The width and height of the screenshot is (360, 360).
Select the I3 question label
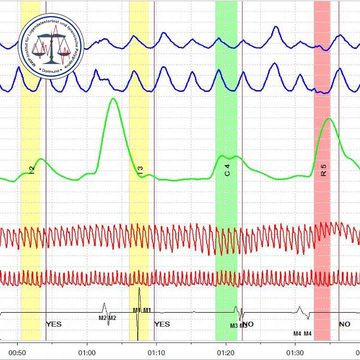140,169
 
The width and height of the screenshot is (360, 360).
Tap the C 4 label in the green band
227,170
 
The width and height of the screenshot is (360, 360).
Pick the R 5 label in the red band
323,170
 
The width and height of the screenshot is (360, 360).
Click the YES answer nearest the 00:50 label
54,324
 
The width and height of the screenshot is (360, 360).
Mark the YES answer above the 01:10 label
162,324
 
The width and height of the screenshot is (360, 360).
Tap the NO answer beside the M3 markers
248,324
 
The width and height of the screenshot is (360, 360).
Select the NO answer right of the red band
344,324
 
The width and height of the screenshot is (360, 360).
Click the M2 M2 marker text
108,317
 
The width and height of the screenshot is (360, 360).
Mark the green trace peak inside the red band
327,119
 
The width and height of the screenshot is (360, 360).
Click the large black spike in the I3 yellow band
138,312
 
